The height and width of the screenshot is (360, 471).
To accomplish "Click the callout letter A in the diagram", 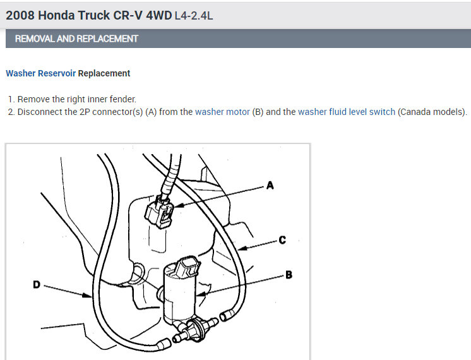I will point(270,186).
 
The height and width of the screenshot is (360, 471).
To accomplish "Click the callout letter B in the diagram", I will point(289,275).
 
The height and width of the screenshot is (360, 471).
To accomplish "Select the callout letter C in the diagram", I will point(282,240).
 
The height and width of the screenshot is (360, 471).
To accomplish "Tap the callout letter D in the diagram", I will point(37,285).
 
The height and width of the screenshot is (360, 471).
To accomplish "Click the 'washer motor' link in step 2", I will point(222,112).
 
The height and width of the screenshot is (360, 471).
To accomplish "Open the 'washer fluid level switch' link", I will point(347,112).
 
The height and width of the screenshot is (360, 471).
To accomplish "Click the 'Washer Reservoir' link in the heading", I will point(40,73).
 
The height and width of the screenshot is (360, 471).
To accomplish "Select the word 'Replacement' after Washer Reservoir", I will point(104,73).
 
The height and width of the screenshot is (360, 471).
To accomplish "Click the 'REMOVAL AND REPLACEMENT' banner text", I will point(76,39).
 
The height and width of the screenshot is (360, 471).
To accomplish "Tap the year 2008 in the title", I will point(19,15).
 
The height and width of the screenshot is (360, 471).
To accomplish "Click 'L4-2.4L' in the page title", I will point(194,15).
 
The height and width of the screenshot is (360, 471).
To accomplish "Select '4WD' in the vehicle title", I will point(158,15).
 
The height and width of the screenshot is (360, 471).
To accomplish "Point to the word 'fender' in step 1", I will point(121,99).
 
